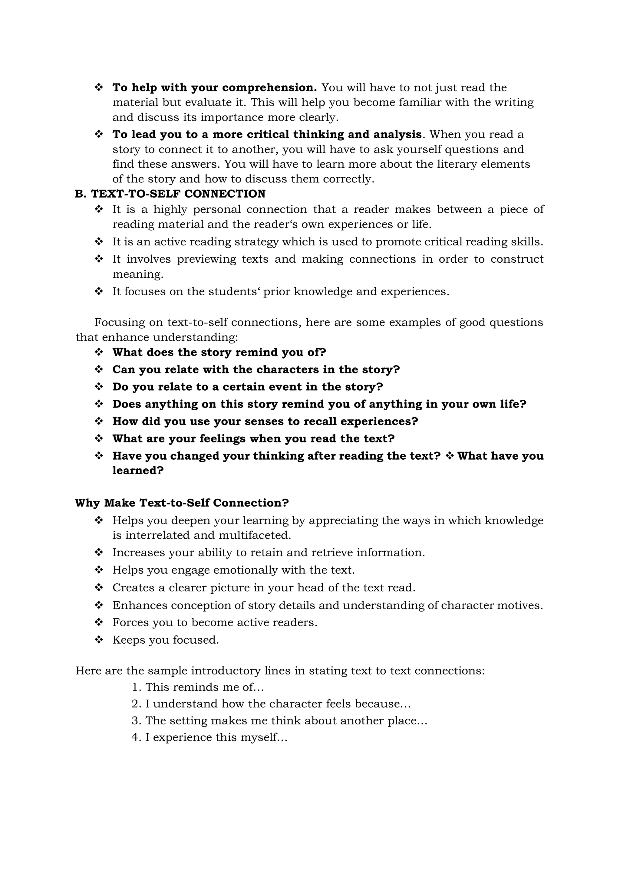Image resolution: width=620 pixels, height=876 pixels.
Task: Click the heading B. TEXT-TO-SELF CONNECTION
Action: pos(170,194)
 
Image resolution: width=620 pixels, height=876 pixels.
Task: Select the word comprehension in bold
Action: pos(269,87)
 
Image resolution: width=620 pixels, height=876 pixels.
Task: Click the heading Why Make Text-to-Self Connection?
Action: pos(182,503)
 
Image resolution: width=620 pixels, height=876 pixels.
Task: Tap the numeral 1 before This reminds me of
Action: pos(135,687)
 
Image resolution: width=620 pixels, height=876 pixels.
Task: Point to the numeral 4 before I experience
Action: pos(135,737)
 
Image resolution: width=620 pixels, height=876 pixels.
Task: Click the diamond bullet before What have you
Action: pos(449,456)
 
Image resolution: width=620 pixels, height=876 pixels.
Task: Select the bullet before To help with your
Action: pos(99,87)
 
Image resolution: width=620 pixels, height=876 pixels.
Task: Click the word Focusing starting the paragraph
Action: pos(120,322)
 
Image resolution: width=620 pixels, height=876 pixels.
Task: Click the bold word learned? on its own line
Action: pos(138,471)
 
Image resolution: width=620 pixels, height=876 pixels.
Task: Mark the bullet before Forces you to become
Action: pos(99,622)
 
